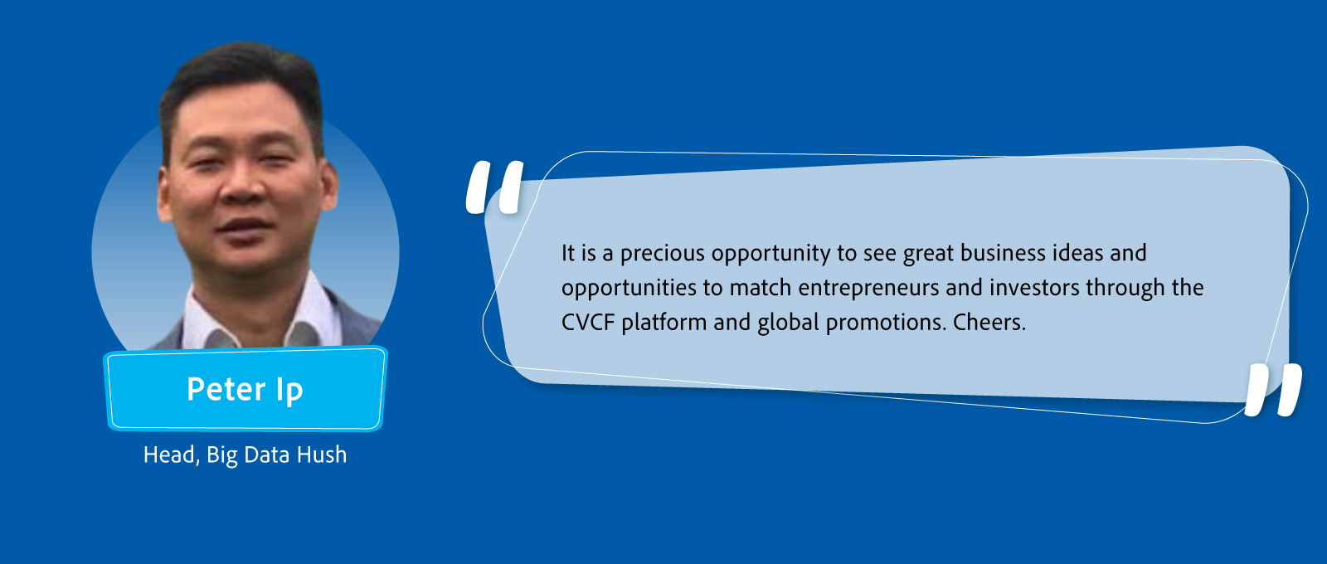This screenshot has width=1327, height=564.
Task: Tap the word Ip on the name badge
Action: point(289,391)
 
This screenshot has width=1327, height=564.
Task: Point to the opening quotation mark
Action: point(494,187)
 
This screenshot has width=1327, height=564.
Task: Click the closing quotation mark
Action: point(1273,390)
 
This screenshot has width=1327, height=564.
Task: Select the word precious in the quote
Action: point(663,254)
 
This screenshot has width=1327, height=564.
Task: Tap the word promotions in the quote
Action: point(887,323)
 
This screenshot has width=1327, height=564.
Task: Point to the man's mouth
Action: point(244,226)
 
